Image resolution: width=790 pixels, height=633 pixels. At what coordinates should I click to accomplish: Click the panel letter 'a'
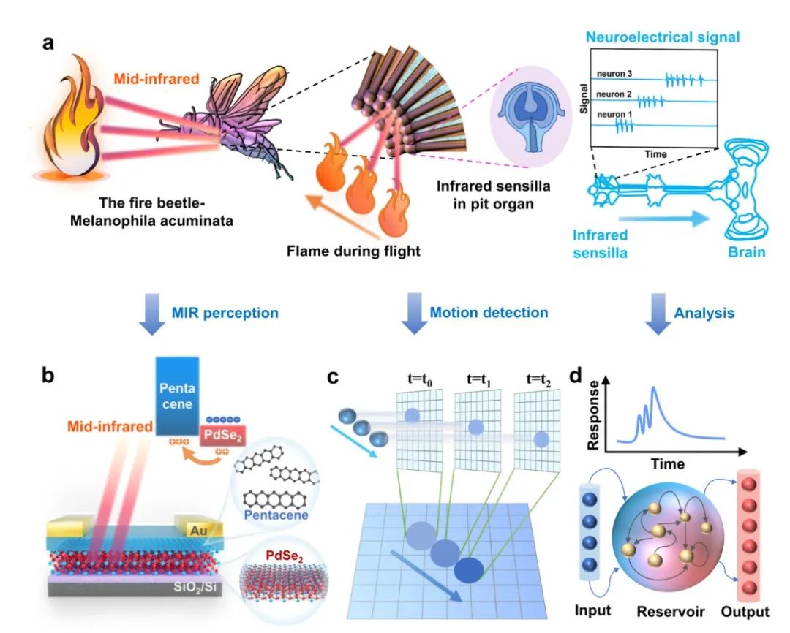click(48, 43)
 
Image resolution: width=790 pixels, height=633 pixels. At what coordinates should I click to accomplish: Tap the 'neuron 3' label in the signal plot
click(614, 74)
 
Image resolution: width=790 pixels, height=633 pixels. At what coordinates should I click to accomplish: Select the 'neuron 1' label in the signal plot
click(614, 114)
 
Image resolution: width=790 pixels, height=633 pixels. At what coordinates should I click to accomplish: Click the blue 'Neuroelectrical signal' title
click(663, 37)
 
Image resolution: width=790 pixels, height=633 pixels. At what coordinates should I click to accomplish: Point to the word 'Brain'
click(747, 251)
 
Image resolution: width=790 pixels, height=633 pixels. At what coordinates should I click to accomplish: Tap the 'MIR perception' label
click(225, 313)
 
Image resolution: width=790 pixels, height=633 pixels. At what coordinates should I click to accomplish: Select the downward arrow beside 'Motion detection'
click(414, 314)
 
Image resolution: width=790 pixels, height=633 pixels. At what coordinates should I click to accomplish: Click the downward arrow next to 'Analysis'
click(658, 314)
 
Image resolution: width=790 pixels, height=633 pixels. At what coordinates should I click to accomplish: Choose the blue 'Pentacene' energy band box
click(177, 396)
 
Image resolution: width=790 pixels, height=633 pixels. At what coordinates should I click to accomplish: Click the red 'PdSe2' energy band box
click(222, 436)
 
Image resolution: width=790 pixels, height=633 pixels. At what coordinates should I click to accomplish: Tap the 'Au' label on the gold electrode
click(198, 530)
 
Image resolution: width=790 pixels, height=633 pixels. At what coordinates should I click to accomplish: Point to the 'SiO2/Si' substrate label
click(197, 587)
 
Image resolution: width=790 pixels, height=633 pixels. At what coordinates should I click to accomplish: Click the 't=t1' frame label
click(478, 379)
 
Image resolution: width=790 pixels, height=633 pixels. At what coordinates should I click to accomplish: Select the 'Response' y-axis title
click(594, 415)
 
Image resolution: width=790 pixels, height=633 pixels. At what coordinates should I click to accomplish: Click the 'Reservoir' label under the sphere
click(671, 611)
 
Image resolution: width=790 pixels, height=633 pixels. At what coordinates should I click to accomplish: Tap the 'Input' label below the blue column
click(592, 610)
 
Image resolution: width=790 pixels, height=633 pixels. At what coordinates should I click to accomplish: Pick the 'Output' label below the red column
click(745, 611)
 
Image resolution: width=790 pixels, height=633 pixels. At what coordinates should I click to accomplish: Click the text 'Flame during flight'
click(353, 251)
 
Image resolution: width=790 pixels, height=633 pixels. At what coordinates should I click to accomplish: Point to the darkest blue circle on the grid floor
click(469, 570)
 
